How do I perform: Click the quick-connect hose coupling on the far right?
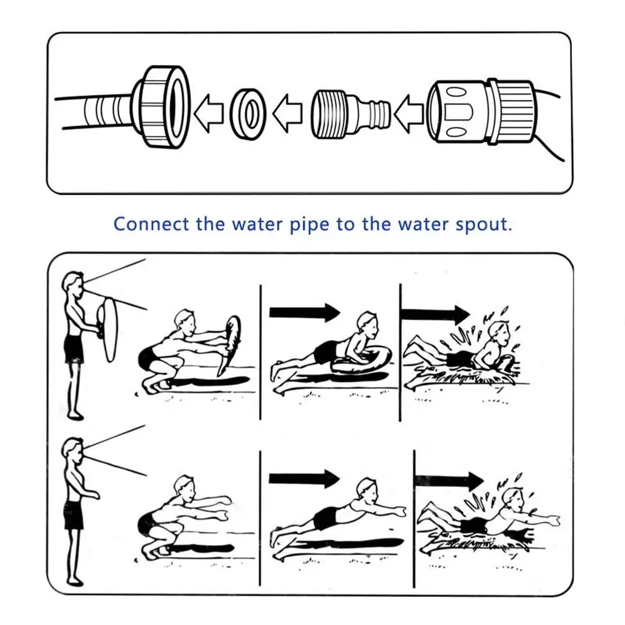point(480,112)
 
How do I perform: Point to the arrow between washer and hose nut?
point(209,113)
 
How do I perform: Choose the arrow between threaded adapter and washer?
point(287,113)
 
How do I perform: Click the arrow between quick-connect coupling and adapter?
point(408,113)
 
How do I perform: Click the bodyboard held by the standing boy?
point(108,329)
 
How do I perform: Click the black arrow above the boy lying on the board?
point(305,312)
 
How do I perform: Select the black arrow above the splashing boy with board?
point(435,314)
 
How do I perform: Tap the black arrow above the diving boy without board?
point(305,479)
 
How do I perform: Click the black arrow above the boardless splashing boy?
point(450,481)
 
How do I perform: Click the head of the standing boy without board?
point(73,449)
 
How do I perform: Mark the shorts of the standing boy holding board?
point(74,349)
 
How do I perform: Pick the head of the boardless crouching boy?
point(184,486)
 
